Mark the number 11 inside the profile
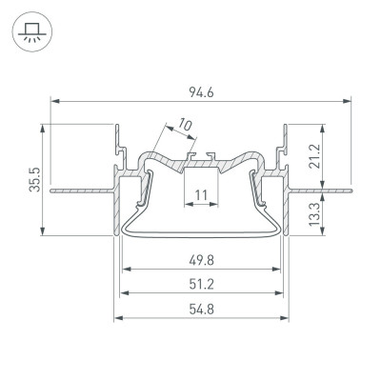coord(200,196)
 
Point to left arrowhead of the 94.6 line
coord(53,100)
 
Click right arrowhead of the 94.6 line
coord(347,100)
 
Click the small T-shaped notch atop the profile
coord(199,151)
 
